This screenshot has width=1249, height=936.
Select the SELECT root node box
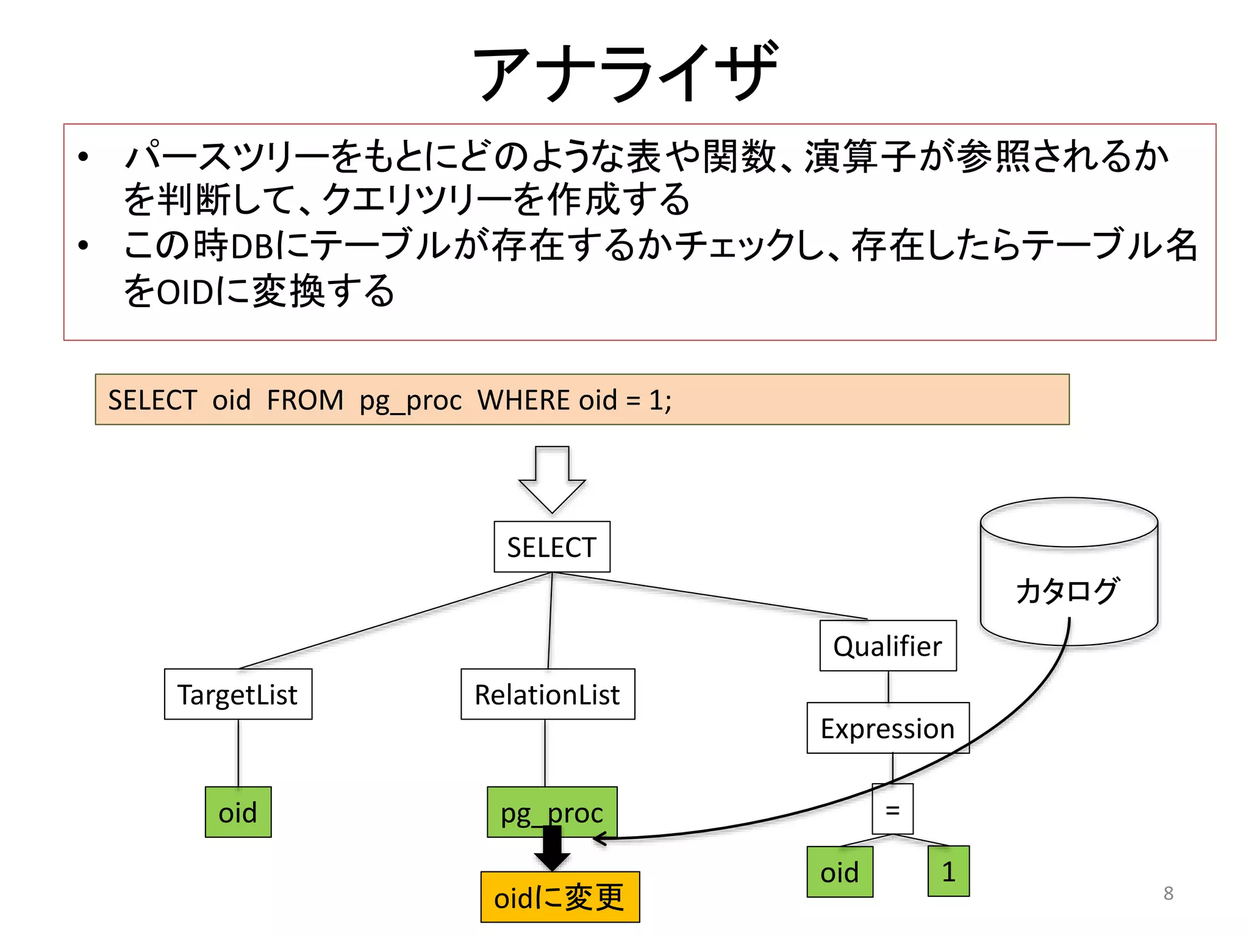tap(551, 547)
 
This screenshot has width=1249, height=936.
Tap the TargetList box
tap(238, 694)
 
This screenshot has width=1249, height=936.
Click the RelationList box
tap(547, 694)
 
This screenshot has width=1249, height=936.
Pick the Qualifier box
tap(887, 646)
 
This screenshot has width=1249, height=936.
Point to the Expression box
tap(887, 728)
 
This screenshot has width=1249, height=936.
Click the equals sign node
tap(892, 809)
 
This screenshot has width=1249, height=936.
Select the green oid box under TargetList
tap(238, 812)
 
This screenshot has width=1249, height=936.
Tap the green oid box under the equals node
tap(839, 872)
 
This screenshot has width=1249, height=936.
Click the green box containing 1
tap(948, 871)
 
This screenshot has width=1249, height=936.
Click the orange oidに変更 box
tap(559, 897)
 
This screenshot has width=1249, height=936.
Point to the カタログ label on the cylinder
tap(1067, 590)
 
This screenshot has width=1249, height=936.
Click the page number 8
tap(1168, 893)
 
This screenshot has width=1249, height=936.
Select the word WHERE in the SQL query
tap(525, 400)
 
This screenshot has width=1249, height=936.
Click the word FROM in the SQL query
tap(305, 400)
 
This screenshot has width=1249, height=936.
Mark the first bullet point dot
tap(84, 157)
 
